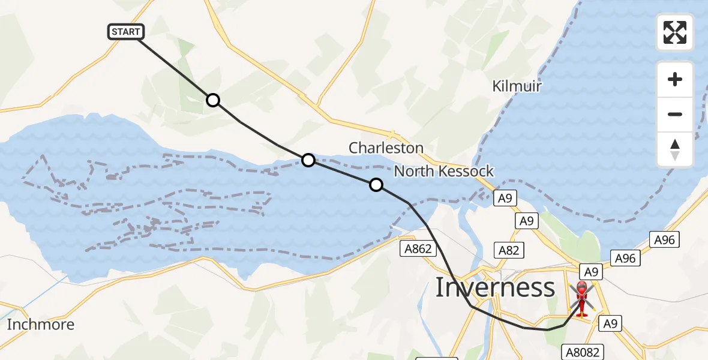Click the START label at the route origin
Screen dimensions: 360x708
tap(126, 32)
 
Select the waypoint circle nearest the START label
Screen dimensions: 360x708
tap(213, 100)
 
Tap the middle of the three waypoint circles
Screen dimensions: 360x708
tap(308, 160)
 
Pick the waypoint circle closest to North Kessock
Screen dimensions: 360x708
tap(376, 185)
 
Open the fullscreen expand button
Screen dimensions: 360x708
tap(675, 32)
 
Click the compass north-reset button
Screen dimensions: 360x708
tap(675, 149)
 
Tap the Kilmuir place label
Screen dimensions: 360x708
tap(517, 86)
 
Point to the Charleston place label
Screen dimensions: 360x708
tap(386, 148)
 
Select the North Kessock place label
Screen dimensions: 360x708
tap(443, 172)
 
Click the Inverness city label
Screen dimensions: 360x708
tap(495, 288)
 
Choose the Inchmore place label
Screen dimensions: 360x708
tap(41, 325)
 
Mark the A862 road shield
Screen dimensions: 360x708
tap(418, 248)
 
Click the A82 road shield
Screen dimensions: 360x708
tap(508, 250)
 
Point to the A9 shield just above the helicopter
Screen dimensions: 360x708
tap(590, 272)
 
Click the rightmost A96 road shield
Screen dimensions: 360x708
tap(664, 240)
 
